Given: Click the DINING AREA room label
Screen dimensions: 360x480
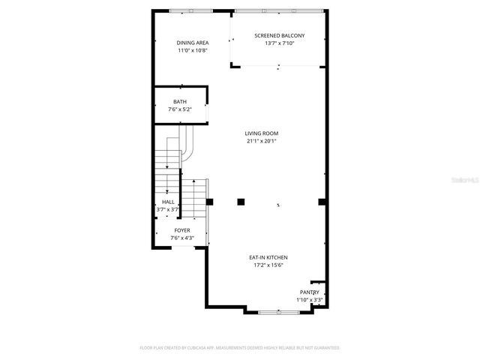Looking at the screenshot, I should tap(192, 43).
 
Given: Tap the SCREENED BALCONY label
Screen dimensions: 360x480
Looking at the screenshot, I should tap(280, 35).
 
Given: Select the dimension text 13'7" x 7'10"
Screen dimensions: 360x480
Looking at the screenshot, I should tap(280, 43).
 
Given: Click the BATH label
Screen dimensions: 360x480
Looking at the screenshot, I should tap(180, 102).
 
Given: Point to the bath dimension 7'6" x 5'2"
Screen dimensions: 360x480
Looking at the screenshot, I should tap(180, 109).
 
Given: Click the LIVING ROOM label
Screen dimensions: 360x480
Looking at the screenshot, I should tap(262, 133).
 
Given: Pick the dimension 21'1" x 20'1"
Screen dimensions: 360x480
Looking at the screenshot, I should tap(262, 141).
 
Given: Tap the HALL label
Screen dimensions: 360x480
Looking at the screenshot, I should tap(168, 202).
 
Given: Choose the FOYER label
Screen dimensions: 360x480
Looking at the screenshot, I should tap(182, 230).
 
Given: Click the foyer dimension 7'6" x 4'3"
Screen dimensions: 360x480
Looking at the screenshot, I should tap(182, 238).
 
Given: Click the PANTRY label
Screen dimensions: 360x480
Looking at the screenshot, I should tap(310, 292).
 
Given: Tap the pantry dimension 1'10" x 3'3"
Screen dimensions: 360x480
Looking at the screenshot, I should tap(310, 300).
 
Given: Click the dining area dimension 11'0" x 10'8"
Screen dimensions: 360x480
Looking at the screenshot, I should tap(192, 51).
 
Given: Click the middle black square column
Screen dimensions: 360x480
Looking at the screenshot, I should tap(241, 201).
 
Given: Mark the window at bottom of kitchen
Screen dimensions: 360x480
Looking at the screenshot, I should tap(278, 310).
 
